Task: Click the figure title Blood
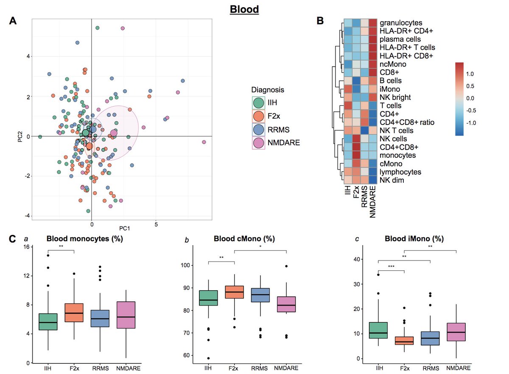[244, 9]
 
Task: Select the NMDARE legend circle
[258, 142]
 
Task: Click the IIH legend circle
[258, 103]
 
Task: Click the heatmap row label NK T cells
[395, 130]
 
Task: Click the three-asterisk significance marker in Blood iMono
[391, 267]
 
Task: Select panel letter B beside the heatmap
[321, 20]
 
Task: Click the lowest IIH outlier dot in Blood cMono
[209, 358]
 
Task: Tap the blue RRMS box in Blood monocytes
[100, 318]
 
